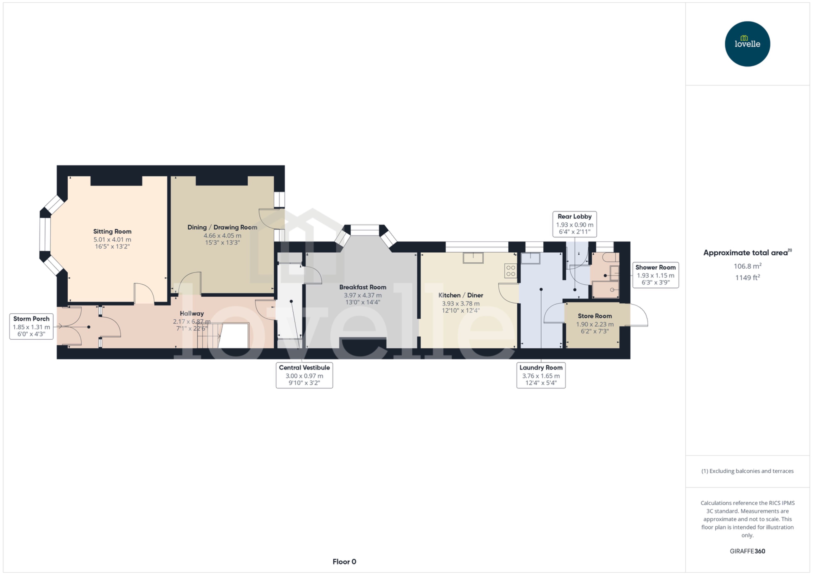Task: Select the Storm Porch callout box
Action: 31,326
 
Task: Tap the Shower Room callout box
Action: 655,275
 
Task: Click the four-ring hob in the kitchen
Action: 511,271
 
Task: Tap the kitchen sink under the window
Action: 473,258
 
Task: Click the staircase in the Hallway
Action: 209,336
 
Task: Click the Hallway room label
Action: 192,314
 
